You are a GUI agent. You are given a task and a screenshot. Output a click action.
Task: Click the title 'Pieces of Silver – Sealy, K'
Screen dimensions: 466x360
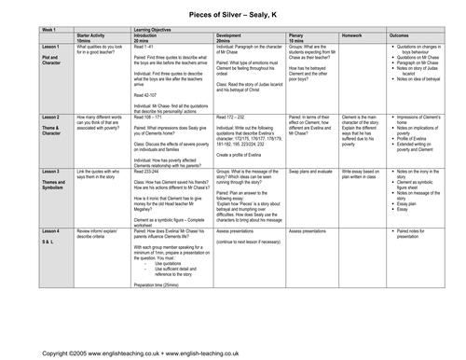pos(232,9)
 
